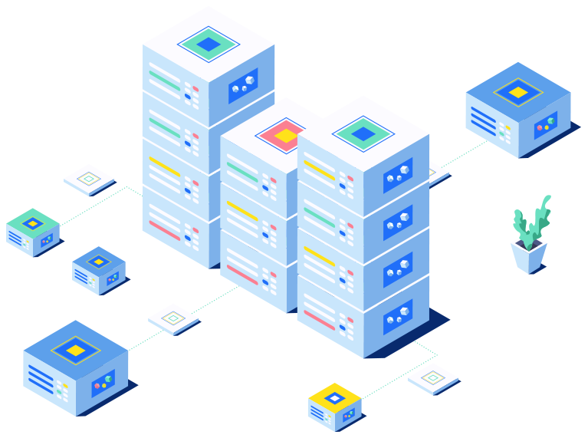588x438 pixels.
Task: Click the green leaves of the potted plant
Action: [x=531, y=219]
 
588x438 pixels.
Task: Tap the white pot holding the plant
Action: [x=528, y=255]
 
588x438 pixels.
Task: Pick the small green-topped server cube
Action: [x=33, y=232]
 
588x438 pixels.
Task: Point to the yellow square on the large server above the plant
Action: [x=518, y=92]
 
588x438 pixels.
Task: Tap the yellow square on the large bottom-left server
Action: [x=75, y=351]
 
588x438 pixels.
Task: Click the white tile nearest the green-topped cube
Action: [x=89, y=179]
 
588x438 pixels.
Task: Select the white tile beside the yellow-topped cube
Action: [x=432, y=378]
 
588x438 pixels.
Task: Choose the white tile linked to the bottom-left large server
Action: [x=173, y=318]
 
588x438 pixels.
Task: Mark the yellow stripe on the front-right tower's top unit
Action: [x=320, y=170]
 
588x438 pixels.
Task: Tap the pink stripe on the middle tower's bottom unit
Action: [x=242, y=274]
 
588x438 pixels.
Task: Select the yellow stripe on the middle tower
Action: [x=242, y=209]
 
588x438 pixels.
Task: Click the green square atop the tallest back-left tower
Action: [x=209, y=44]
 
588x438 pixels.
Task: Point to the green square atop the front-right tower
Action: [x=363, y=133]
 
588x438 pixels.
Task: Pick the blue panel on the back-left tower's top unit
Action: [x=243, y=85]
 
